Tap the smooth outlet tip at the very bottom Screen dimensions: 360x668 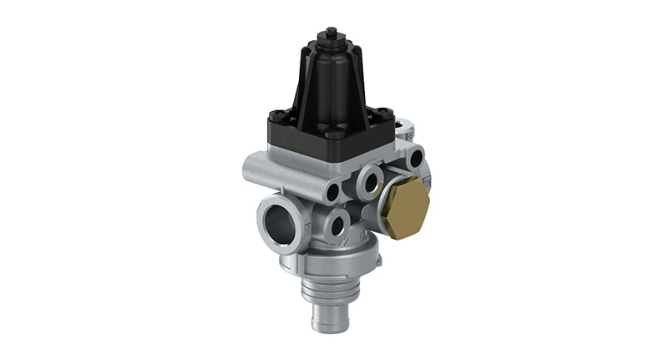coord(323,317)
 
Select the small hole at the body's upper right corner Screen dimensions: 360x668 coord(415,155)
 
